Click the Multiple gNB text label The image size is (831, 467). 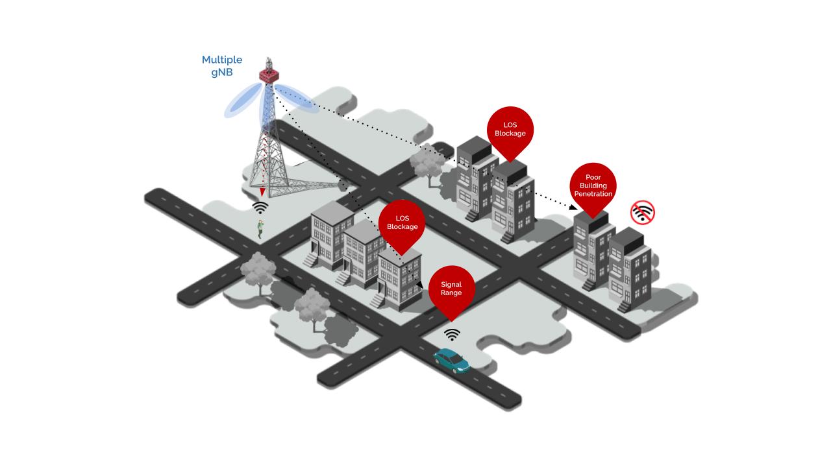pos(221,66)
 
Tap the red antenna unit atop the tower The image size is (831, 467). pos(267,72)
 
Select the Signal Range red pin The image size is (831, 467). pos(451,289)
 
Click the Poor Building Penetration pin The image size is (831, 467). pos(593,186)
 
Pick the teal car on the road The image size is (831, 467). pos(452,361)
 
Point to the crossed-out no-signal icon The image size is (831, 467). pos(642,212)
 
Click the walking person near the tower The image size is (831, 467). pos(260,228)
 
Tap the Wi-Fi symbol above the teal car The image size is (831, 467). pos(452,334)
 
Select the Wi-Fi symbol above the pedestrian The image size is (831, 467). pos(260,208)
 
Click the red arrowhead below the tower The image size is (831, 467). pos(262,192)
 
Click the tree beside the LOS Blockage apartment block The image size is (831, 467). pos(427,165)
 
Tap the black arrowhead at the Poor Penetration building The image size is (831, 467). pos(571,208)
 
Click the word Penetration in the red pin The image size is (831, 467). pos(593,194)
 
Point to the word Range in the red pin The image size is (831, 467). pos(451,293)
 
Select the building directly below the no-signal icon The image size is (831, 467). pos(630,269)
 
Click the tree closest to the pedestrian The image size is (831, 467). pos(258,270)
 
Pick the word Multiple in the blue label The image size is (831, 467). pos(221,60)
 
